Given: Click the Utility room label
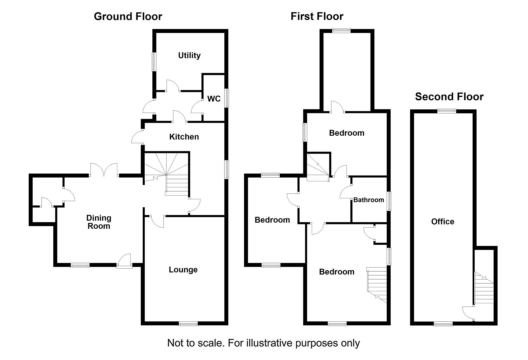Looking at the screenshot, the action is (189, 56).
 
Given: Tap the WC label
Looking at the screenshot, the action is (214, 99).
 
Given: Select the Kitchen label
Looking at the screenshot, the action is (184, 137).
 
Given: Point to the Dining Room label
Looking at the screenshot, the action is (99, 222).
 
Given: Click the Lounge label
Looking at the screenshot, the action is (183, 270).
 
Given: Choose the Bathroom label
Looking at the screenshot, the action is (369, 200).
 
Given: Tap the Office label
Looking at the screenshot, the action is (443, 221).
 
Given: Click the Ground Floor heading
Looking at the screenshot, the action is (128, 17).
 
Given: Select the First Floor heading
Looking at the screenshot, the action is (317, 16).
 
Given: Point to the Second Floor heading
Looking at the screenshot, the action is (449, 97).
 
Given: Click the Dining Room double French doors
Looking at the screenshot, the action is (104, 170).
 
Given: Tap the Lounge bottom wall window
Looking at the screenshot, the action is (188, 324).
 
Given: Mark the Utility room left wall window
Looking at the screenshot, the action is (154, 62).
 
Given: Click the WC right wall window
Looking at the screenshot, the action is (227, 98).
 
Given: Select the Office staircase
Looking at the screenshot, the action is (484, 288).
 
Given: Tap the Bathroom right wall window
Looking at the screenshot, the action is (389, 201).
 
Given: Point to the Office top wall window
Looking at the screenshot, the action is (447, 111).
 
